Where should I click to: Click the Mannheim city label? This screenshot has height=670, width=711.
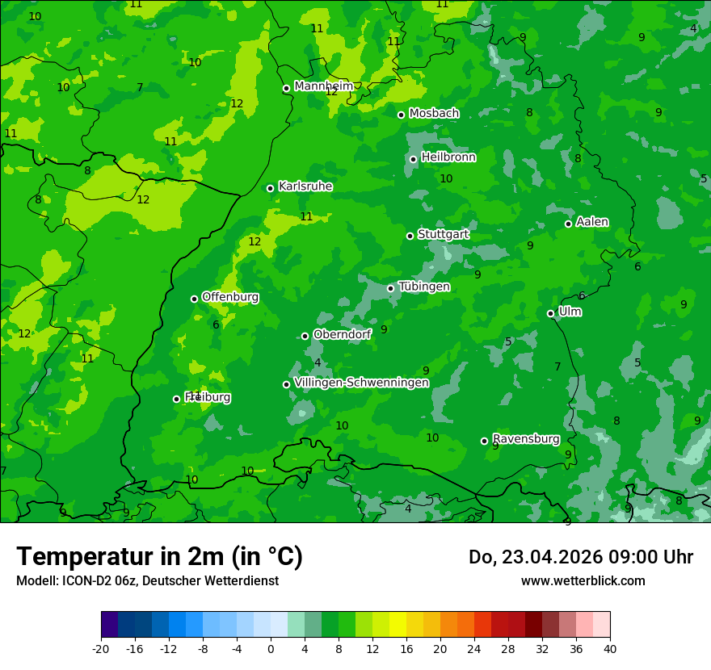[324, 86]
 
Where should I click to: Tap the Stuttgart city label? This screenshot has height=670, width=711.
[443, 234]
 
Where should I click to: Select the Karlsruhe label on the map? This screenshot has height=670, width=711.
[305, 186]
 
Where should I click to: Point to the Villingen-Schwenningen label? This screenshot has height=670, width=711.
[361, 383]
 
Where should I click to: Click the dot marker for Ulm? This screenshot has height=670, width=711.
[551, 313]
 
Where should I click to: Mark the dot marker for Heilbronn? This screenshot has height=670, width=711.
[414, 159]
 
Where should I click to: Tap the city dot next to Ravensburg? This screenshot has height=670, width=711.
[485, 441]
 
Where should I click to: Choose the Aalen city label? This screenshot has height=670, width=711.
[592, 222]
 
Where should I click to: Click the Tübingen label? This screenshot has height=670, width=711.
[424, 287]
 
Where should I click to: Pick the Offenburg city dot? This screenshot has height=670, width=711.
[195, 299]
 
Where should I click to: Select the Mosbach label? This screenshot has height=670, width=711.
[434, 114]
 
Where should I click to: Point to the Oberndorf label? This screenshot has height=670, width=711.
[342, 334]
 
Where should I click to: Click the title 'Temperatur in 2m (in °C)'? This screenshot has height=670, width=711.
[159, 557]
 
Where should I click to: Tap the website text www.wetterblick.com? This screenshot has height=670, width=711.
[583, 581]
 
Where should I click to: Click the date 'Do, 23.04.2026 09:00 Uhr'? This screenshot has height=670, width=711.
[580, 557]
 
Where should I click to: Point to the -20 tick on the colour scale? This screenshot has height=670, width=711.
[101, 648]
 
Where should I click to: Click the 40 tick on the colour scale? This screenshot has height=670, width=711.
[609, 648]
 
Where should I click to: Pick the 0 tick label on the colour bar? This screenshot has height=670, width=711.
[271, 648]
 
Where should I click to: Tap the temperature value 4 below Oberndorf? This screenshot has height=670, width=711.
[318, 363]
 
